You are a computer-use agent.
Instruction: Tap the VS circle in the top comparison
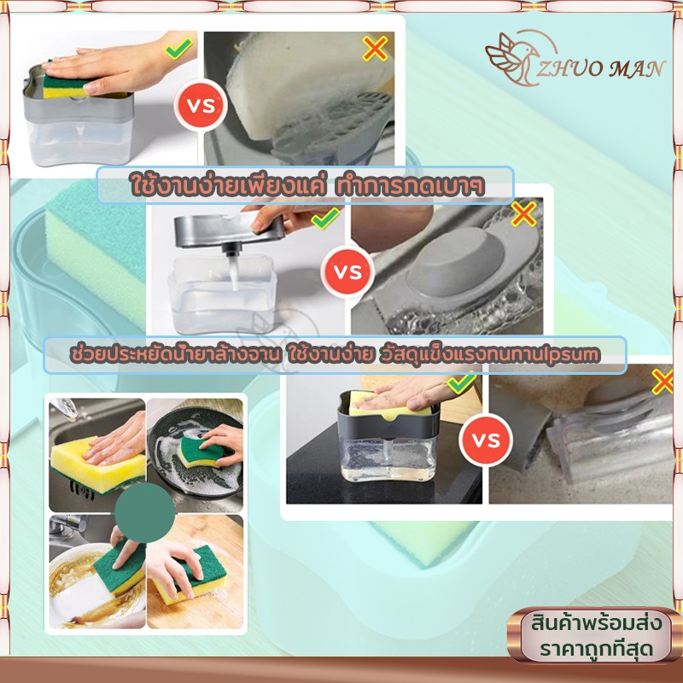click(x=201, y=105)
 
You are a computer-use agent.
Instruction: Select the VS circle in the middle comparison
click(x=347, y=271)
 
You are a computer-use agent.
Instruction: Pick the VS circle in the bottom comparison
click(x=486, y=440)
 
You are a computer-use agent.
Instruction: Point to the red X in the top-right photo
click(x=375, y=48)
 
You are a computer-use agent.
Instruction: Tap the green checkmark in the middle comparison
click(x=325, y=218)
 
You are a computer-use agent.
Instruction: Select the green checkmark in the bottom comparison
click(x=462, y=383)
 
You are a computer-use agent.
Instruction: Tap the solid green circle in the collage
click(x=145, y=512)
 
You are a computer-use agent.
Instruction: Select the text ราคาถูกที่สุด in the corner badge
click(x=596, y=649)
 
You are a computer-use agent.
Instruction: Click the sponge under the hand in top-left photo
click(x=66, y=86)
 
